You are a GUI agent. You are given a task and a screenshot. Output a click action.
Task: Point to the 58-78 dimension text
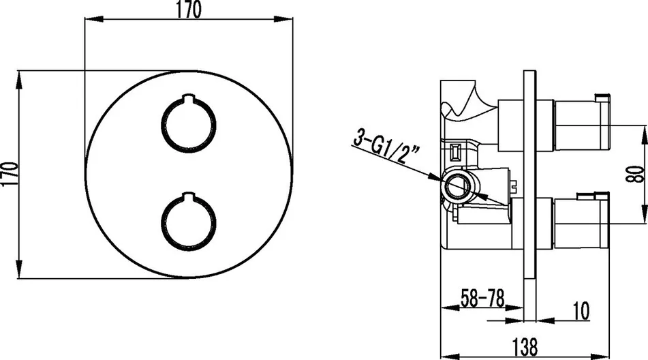pos(482,298)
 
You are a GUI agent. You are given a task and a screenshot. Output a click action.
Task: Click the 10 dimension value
pos(581,310)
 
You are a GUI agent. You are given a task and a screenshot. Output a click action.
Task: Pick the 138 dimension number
pos(525,346)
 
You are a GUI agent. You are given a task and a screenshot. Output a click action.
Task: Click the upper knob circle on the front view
pos(189,124)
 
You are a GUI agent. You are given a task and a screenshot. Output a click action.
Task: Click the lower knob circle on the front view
pos(189,222)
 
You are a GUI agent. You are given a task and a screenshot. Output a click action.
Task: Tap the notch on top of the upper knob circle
pos(189,97)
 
